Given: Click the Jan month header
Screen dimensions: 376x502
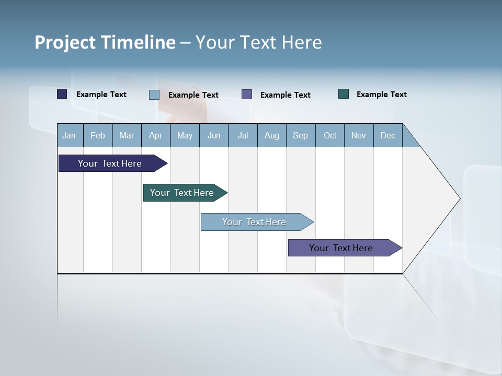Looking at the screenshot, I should coord(70,135).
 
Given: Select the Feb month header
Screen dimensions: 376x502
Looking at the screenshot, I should coord(98,135).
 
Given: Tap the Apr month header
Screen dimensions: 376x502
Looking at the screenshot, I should coord(155,135).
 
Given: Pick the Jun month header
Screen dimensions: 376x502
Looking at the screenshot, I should coord(214,135).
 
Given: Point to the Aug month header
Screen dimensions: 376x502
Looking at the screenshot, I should coord(271,135).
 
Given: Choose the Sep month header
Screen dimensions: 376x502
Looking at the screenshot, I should coord(300,135).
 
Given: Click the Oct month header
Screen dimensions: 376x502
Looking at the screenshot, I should coord(330,135).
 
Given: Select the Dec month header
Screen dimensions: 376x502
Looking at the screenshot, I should coord(387,135).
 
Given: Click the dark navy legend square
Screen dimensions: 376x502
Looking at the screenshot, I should coord(62,94).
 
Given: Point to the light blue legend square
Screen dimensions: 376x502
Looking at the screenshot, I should coord(154,95).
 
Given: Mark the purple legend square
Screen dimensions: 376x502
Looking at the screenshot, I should coord(247,94).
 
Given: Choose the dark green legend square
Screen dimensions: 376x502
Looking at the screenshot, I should coord(344,94).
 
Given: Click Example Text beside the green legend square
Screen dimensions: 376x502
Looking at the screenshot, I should coord(381,95).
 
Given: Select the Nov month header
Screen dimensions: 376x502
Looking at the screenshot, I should coord(359,135).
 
